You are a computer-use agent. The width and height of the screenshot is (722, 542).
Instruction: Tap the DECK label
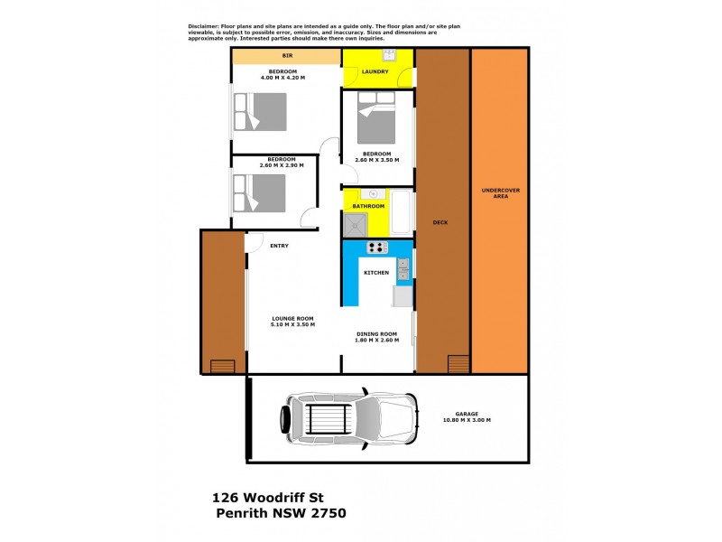tap(440, 222)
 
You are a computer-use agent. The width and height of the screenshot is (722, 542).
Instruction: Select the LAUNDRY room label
tap(375, 71)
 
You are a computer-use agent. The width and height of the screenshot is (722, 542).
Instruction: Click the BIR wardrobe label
tap(287, 56)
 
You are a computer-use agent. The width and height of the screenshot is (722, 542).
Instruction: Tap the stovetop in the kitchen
tap(376, 248)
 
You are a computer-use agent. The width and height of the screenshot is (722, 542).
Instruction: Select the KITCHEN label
tap(376, 272)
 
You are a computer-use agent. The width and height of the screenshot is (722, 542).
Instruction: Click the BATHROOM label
tap(368, 206)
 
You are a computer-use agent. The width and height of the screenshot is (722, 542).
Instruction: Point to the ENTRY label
tap(279, 245)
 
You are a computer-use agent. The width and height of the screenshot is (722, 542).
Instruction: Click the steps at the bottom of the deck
tap(458, 363)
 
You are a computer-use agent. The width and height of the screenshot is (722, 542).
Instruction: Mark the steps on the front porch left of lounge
tap(221, 366)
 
